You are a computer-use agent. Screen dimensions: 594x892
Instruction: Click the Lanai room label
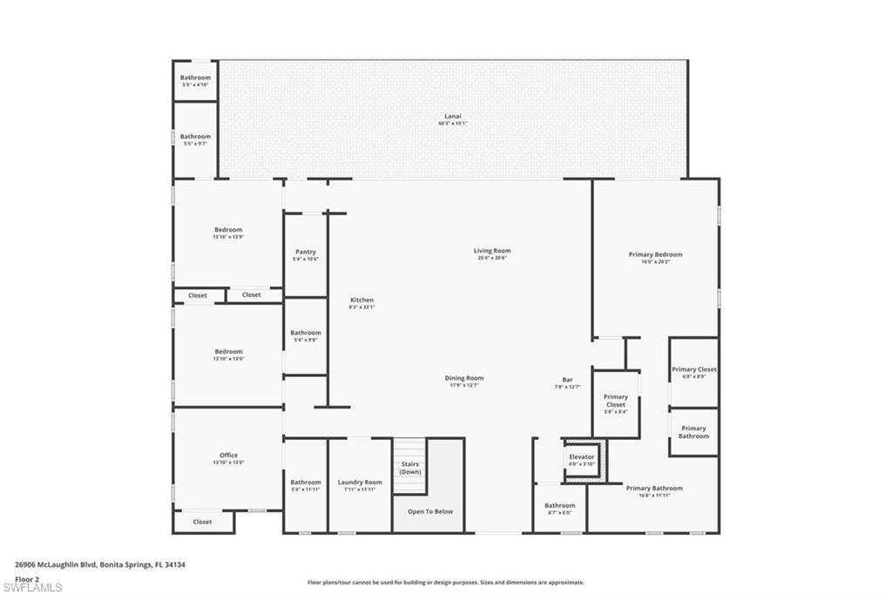tap(452, 116)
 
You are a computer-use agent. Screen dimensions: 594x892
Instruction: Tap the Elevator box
tap(581, 458)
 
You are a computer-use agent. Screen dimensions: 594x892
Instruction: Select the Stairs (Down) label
tap(410, 468)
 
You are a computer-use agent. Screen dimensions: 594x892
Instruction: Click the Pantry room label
tap(305, 252)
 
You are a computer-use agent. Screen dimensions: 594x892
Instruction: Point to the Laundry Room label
tap(360, 482)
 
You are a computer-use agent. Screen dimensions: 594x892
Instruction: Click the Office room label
tap(228, 455)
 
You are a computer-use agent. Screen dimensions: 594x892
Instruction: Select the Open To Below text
tap(430, 511)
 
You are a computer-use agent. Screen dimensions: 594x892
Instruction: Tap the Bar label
tap(567, 379)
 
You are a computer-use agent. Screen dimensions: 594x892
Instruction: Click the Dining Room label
tap(463, 378)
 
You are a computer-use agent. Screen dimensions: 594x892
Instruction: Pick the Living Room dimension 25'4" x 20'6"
tap(492, 258)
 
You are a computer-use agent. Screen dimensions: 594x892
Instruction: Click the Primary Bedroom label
tap(655, 254)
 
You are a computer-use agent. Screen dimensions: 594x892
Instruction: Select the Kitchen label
tap(362, 300)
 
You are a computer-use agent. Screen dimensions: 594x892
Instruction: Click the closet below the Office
tap(202, 522)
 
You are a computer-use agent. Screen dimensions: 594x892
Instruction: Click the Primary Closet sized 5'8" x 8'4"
tap(615, 401)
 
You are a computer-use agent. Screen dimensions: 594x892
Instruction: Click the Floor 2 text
tap(27, 578)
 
